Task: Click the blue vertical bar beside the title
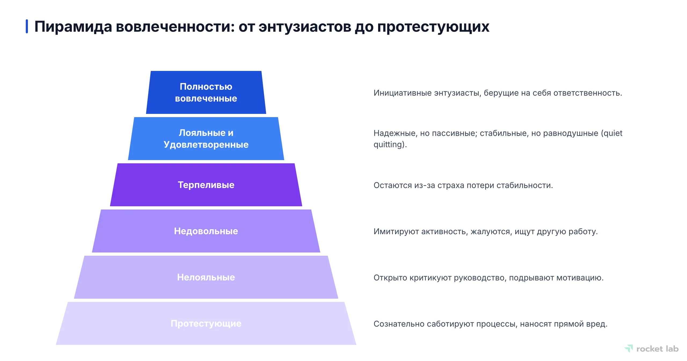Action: pyautogui.click(x=27, y=26)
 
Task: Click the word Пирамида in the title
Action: pyautogui.click(x=73, y=27)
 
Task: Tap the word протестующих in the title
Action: pyautogui.click(x=433, y=27)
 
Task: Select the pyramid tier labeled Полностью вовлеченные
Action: pyautogui.click(x=206, y=92)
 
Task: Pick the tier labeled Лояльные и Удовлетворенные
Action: pyautogui.click(x=206, y=139)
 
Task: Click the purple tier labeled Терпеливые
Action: pyautogui.click(x=206, y=185)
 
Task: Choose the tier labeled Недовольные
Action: pyautogui.click(x=206, y=231)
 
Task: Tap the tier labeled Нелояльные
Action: pyautogui.click(x=206, y=277)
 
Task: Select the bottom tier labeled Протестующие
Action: pyautogui.click(x=206, y=323)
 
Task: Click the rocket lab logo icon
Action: pyautogui.click(x=629, y=348)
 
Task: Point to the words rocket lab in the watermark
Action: pyautogui.click(x=657, y=349)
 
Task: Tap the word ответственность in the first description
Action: pyautogui.click(x=587, y=93)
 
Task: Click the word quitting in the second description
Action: pyautogui.click(x=389, y=145)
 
